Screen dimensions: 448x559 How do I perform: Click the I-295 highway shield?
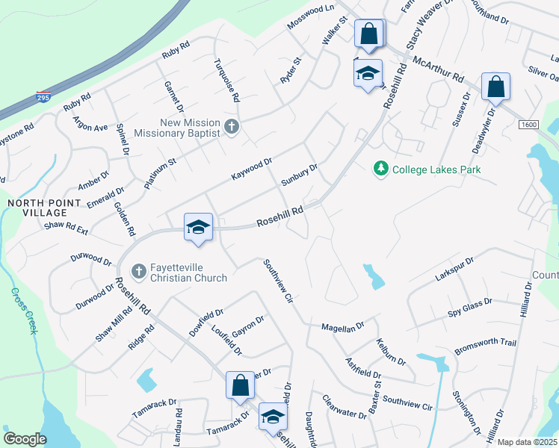tap(44, 97)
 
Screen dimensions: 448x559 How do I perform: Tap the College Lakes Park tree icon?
tap(381, 169)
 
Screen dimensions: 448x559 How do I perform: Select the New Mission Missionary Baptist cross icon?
tap(232, 127)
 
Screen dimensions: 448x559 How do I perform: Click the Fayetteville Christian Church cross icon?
tap(138, 271)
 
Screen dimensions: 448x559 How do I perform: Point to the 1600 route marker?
tap(530, 124)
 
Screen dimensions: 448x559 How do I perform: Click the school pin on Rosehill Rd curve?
tap(199, 228)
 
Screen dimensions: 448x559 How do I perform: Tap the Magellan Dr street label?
tap(342, 327)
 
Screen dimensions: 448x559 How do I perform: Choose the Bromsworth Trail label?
tap(486, 343)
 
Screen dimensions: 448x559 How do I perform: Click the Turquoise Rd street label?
tap(226, 80)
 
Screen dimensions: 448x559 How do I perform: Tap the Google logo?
tap(25, 439)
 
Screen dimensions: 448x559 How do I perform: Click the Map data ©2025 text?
tap(526, 442)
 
